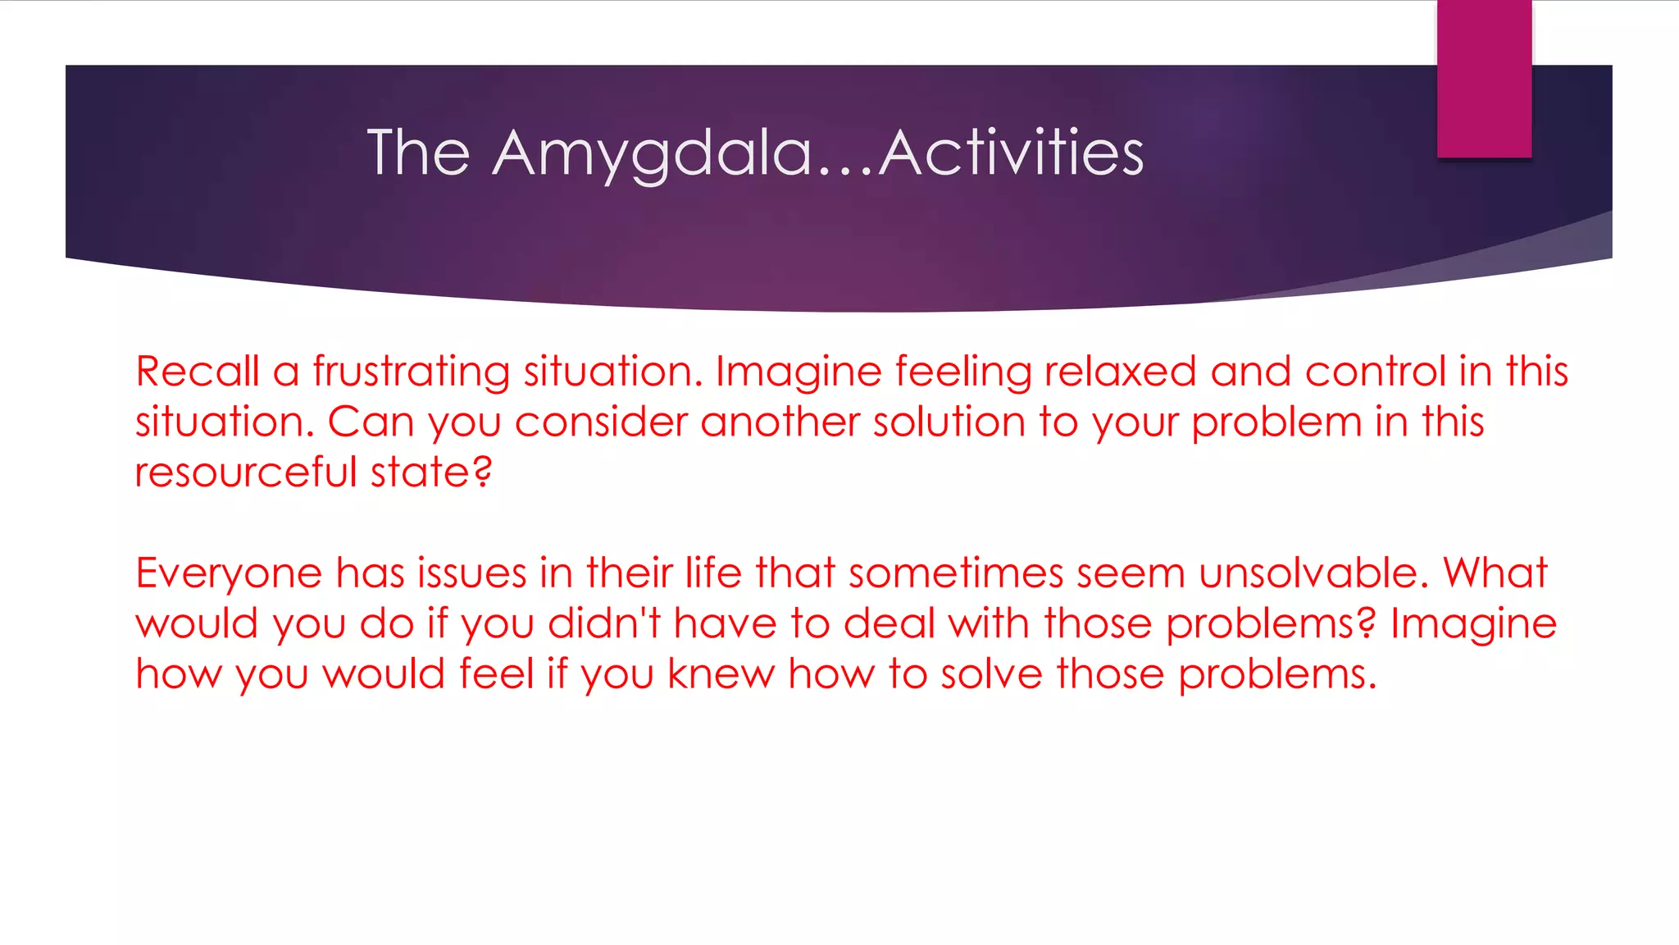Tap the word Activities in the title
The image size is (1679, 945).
click(x=1011, y=153)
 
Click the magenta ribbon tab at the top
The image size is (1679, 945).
click(x=1484, y=78)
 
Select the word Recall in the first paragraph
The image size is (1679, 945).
click(x=197, y=372)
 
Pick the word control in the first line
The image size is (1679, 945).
click(x=1375, y=372)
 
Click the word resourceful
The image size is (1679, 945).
click(x=245, y=472)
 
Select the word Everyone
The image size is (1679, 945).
click(x=229, y=573)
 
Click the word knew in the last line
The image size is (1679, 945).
click(x=721, y=673)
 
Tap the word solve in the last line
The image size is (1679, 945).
click(x=991, y=673)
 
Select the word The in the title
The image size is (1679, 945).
click(x=418, y=153)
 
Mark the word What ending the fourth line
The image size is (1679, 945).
click(x=1495, y=573)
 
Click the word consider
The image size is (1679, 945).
click(x=601, y=422)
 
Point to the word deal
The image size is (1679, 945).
click(x=889, y=623)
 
